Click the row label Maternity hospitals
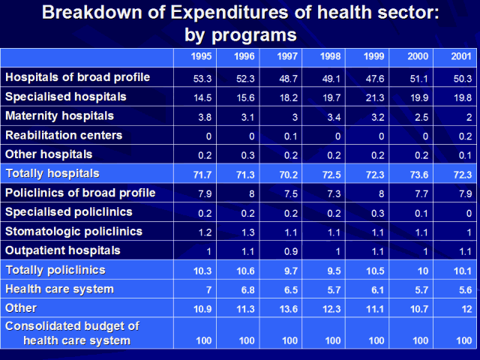coord(60,116)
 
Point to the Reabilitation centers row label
coord(65,136)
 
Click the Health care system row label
coord(60,289)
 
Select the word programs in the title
coord(254,34)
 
